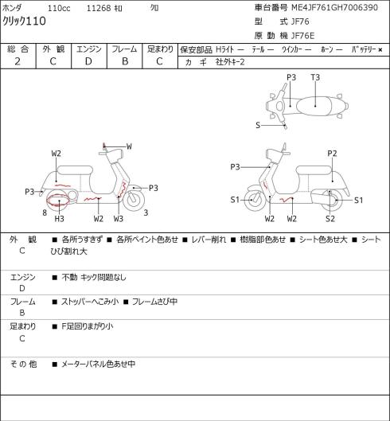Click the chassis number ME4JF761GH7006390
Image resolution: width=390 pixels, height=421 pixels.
[334, 7]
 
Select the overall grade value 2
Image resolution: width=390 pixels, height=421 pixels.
[18, 61]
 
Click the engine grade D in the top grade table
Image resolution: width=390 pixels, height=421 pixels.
[88, 61]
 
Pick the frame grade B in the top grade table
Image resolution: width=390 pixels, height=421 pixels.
[125, 61]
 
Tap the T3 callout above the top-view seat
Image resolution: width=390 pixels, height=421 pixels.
[315, 77]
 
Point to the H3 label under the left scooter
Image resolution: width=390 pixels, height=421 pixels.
[59, 219]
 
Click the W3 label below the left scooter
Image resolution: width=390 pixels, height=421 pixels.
[118, 219]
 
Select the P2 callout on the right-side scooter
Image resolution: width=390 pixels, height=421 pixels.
[332, 154]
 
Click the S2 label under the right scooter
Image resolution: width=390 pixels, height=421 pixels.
[330, 219]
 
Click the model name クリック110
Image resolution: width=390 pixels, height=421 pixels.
[24, 21]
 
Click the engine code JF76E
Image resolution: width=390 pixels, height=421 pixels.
[303, 36]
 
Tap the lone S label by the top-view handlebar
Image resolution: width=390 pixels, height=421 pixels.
[258, 125]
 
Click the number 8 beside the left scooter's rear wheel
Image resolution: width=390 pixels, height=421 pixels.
[45, 212]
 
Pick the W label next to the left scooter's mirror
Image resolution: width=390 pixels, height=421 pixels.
[129, 146]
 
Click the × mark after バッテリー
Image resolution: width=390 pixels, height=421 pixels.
[380, 49]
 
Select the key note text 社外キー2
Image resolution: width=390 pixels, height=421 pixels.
[230, 62]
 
